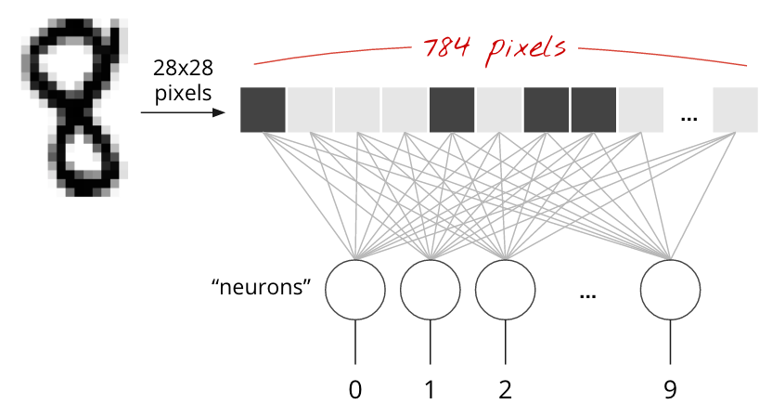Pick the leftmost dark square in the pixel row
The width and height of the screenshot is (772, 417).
click(x=263, y=110)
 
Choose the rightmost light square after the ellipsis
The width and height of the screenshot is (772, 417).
click(x=735, y=110)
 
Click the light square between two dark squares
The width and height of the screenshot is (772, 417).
click(x=499, y=110)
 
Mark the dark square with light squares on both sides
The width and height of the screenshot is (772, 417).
click(x=452, y=110)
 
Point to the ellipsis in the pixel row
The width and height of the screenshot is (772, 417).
click(x=688, y=118)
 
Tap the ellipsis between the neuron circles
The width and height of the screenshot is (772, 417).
click(x=587, y=294)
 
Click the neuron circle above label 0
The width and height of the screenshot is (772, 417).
click(x=355, y=290)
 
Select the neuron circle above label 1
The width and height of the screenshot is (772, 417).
click(x=431, y=290)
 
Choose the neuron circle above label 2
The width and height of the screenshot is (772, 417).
click(x=506, y=290)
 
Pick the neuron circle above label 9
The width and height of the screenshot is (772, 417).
click(x=670, y=290)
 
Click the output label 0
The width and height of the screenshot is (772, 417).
click(x=355, y=390)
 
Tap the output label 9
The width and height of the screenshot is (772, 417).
click(x=670, y=390)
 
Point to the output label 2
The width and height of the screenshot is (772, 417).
click(x=506, y=390)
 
